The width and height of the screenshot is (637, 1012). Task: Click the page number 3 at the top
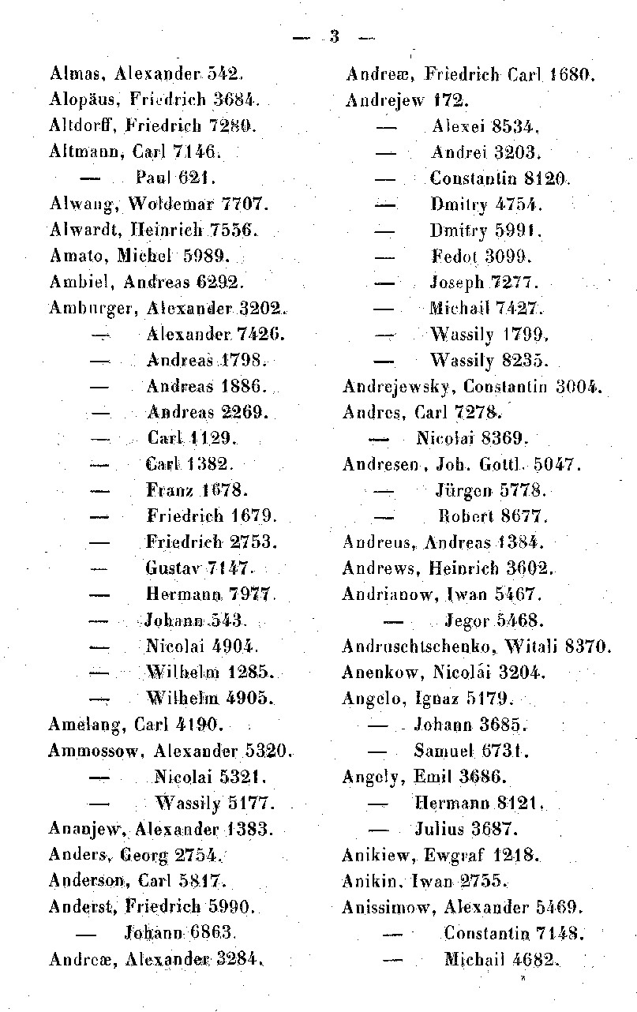(x=334, y=36)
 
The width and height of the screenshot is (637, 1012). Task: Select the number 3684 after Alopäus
(x=232, y=100)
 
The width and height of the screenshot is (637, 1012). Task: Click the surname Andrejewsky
(x=399, y=387)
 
